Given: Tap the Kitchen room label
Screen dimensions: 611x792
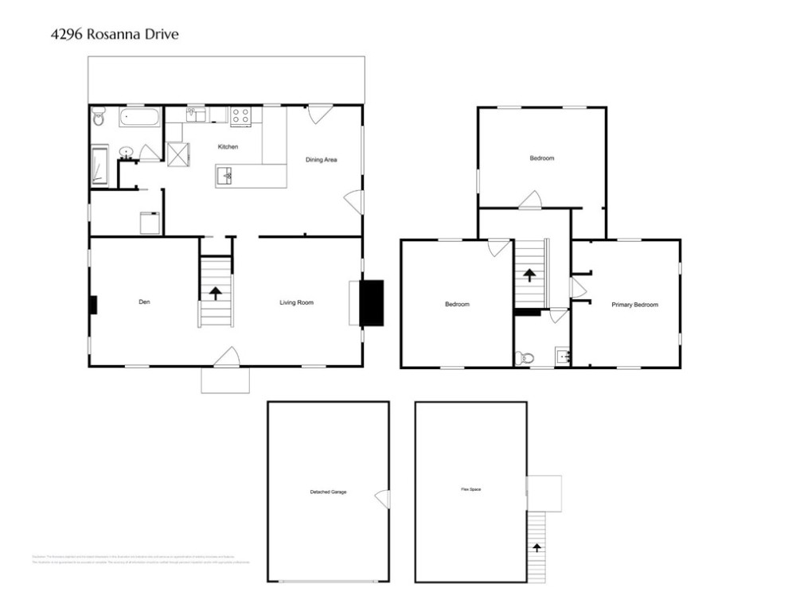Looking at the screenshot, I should click(228, 147).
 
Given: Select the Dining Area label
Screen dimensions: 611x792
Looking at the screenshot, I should click(322, 160).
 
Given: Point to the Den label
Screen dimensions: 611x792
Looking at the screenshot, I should click(144, 302).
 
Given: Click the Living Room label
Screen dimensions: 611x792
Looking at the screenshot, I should click(296, 302).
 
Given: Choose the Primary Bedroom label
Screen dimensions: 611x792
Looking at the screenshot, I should click(634, 305).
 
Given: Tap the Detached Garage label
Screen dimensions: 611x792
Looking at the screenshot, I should click(328, 492).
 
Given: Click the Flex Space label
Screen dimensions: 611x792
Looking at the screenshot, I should click(470, 489).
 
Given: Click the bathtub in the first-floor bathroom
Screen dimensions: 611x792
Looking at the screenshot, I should click(140, 119).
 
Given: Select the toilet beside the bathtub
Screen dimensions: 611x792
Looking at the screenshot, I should click(99, 119).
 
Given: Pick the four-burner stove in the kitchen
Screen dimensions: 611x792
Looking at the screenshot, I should click(241, 116).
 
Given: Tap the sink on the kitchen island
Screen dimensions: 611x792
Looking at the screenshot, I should click(228, 176).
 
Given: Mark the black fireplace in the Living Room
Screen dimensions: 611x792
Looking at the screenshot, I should click(371, 302).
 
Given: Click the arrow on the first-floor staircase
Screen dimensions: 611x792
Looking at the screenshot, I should click(215, 292).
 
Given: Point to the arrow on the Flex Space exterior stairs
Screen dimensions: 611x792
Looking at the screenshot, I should click(536, 547).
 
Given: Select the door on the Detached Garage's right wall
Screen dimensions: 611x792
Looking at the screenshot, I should click(384, 499).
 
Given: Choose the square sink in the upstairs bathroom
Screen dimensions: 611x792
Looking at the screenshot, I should click(563, 356).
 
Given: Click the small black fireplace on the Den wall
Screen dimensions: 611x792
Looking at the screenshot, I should click(93, 305).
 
